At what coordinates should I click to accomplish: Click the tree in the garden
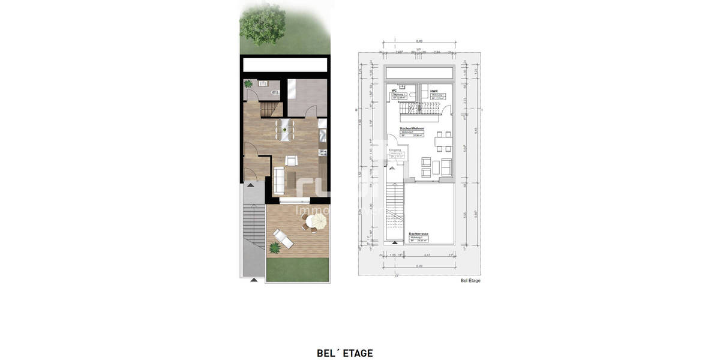tap(262, 24)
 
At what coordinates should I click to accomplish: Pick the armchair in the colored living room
tap(291, 160)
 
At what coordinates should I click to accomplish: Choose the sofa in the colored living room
tap(279, 178)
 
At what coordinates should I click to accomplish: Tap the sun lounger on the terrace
tap(283, 238)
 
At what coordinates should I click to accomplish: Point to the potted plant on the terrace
tap(275, 247)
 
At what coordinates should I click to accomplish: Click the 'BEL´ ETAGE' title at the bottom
tap(344, 353)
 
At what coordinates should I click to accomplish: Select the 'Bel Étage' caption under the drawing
tap(470, 280)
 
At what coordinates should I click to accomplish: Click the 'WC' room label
tap(394, 91)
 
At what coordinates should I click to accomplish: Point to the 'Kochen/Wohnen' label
tap(412, 128)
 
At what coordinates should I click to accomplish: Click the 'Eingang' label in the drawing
tap(395, 150)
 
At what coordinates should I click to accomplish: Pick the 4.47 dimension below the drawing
tap(425, 255)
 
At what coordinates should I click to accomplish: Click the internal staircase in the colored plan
tap(271, 109)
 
